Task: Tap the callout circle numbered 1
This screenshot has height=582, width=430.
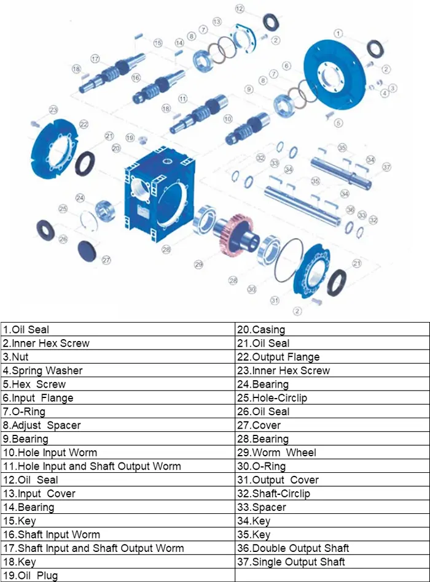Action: tap(338, 33)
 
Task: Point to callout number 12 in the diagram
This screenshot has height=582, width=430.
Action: tap(240, 9)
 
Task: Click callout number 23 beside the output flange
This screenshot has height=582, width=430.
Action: tap(53, 110)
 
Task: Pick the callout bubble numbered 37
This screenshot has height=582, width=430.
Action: tap(386, 167)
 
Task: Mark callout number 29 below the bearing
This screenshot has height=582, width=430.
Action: tap(198, 264)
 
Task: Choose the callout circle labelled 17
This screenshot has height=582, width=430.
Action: tap(95, 58)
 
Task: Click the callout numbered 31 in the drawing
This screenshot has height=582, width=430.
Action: tap(275, 300)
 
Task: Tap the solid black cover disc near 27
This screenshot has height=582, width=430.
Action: tap(88, 250)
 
